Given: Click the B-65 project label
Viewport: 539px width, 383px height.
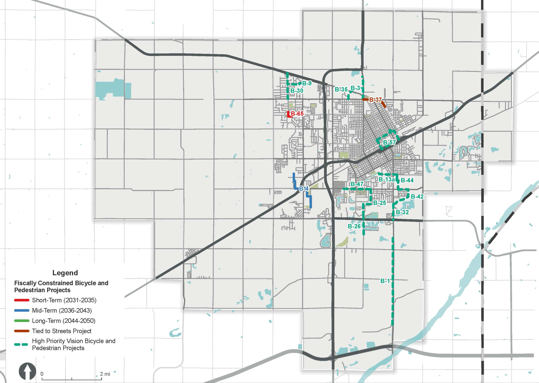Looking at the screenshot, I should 297,114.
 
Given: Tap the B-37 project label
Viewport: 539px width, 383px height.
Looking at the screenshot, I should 375,100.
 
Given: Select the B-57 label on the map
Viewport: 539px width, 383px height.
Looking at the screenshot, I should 389,143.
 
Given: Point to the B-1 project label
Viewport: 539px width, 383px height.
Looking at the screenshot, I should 385,281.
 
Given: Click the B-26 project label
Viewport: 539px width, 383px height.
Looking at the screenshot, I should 354,226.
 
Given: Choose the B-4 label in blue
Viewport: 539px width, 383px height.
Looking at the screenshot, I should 304,189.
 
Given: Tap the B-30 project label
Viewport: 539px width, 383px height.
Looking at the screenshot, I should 297,91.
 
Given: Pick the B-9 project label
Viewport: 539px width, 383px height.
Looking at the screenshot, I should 307,83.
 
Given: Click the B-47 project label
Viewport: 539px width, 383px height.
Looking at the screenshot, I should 357,184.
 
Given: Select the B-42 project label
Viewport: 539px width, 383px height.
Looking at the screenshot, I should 417,197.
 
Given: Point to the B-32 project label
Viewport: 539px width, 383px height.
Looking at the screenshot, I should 402,212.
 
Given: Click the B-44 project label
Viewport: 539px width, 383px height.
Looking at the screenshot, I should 407,180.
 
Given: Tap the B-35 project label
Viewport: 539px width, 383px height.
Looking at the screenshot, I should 341,89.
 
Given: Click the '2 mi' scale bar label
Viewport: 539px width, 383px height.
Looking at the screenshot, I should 105,374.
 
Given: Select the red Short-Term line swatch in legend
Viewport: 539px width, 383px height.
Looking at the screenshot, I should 22,300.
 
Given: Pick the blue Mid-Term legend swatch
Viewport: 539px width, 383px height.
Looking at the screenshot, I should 22,310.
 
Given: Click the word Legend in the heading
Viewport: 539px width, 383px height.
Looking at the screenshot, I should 65,273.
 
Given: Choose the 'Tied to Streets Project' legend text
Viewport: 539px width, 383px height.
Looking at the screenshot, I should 62,331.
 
